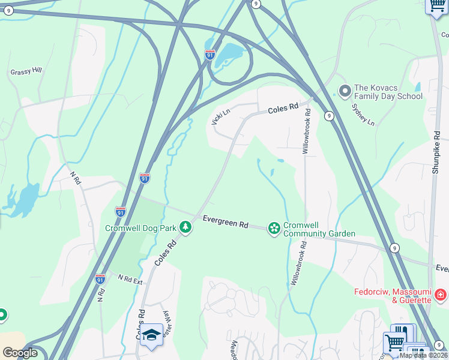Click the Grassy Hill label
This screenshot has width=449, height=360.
26,71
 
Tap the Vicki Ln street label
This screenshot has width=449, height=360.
220,116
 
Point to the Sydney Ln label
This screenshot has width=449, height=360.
363,114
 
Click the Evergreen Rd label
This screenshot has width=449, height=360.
225,221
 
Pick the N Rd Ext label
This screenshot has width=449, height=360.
130,280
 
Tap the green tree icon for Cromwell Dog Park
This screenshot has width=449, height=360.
187,227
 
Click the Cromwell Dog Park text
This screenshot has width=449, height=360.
142,228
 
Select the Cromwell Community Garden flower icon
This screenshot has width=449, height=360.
274,228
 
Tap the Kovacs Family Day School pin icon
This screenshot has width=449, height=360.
345,91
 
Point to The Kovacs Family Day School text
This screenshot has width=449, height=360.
388,92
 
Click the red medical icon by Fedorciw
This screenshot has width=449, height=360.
441,295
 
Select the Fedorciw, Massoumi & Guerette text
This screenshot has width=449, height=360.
393,295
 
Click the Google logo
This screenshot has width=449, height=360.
20,352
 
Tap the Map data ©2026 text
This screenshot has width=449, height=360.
423,355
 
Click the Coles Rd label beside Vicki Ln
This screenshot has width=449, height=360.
283,109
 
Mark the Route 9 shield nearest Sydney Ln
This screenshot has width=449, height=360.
330,116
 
